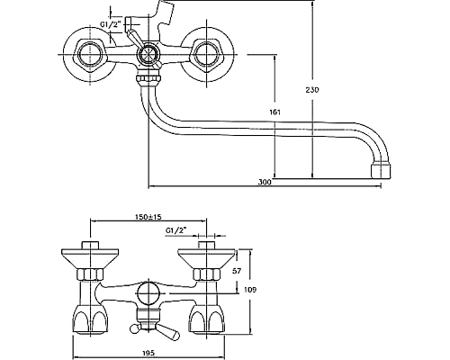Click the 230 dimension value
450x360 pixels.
tap(312, 89)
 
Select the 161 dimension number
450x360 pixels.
tap(274, 112)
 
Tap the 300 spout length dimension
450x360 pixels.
tap(265, 182)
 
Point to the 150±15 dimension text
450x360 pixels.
tap(147, 216)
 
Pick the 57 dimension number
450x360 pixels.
tap(237, 271)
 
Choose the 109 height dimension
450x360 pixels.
tap(250, 290)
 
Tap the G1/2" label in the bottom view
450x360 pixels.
tap(175, 230)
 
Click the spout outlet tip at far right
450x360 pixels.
tap(381, 171)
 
